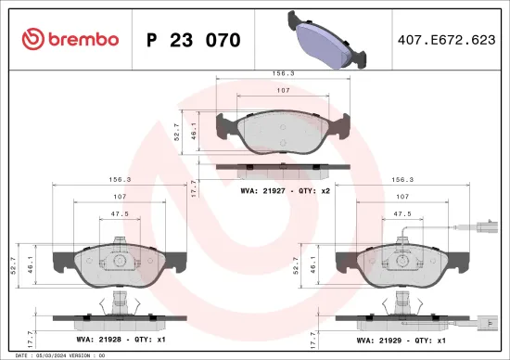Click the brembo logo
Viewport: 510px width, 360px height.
pos(70,39)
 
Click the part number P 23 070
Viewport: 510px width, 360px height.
pos(194,40)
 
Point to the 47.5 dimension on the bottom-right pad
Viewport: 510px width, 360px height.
pos(402,213)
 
